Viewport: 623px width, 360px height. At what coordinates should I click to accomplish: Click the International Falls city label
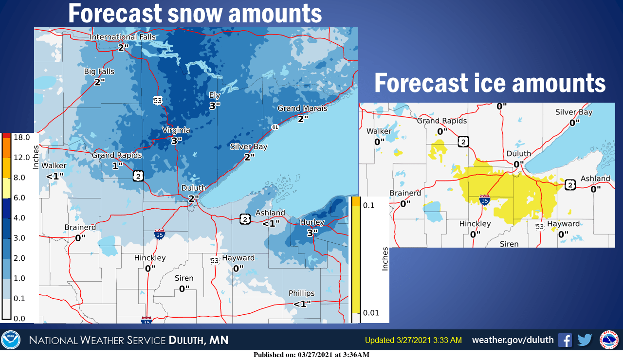pyautogui.click(x=123, y=37)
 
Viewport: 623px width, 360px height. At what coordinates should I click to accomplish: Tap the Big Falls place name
pyautogui.click(x=99, y=72)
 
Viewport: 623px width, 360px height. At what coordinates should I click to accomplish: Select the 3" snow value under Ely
pyautogui.click(x=215, y=105)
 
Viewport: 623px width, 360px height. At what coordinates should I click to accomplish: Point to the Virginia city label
pyautogui.click(x=176, y=130)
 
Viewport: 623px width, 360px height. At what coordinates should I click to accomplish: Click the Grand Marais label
pyautogui.click(x=302, y=108)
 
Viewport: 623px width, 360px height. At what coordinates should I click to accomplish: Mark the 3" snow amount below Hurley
pyautogui.click(x=312, y=233)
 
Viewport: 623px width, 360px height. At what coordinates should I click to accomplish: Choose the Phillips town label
pyautogui.click(x=302, y=293)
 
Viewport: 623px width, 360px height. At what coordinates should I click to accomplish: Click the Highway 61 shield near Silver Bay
pyautogui.click(x=275, y=127)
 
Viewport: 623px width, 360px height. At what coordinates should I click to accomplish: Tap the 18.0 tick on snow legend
pyautogui.click(x=21, y=138)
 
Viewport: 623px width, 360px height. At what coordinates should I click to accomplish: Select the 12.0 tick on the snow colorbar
pyautogui.click(x=21, y=158)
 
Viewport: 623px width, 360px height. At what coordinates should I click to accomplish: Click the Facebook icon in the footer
pyautogui.click(x=565, y=340)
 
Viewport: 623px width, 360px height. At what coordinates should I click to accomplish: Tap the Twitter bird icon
pyautogui.click(x=585, y=340)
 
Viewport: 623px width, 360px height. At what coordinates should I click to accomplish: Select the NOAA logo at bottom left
pyautogui.click(x=11, y=340)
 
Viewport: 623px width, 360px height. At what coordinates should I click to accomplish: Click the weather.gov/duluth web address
pyautogui.click(x=513, y=340)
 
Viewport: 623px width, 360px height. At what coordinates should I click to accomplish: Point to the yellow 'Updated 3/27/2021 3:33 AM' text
pyautogui.click(x=413, y=340)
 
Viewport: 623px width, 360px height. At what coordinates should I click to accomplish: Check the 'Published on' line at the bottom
pyautogui.click(x=311, y=355)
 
